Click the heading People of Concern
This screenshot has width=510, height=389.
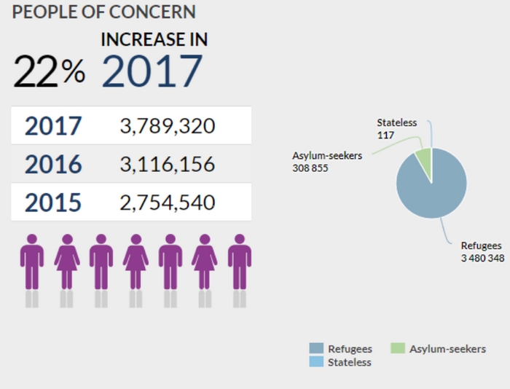[x=104, y=12]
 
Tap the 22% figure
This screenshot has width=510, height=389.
[x=49, y=70]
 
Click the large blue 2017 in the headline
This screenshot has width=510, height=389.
[x=152, y=71]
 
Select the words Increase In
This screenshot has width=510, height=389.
[x=154, y=39]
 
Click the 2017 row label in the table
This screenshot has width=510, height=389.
[x=53, y=126]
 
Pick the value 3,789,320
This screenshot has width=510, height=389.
[x=168, y=126]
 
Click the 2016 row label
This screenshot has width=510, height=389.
[x=53, y=165]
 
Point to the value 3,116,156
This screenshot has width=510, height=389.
[x=168, y=165]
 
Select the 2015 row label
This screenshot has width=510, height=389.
[x=53, y=203]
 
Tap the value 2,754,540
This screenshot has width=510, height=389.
[x=168, y=203]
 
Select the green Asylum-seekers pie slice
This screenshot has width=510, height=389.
[x=423, y=159]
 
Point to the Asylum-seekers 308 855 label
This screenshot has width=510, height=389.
[x=327, y=162]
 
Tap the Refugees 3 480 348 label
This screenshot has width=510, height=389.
[x=482, y=252]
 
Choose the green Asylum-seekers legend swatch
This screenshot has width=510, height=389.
[x=397, y=349]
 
